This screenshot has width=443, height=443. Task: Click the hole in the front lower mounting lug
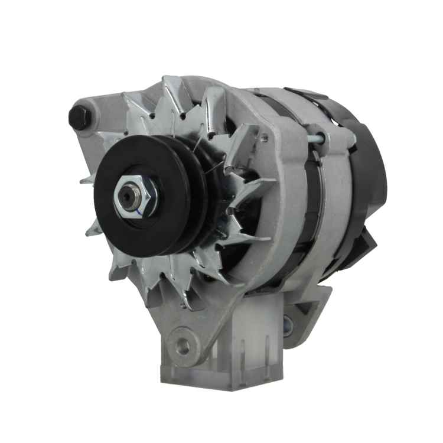point(183,346)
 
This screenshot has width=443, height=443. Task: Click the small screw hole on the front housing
point(264,139)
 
